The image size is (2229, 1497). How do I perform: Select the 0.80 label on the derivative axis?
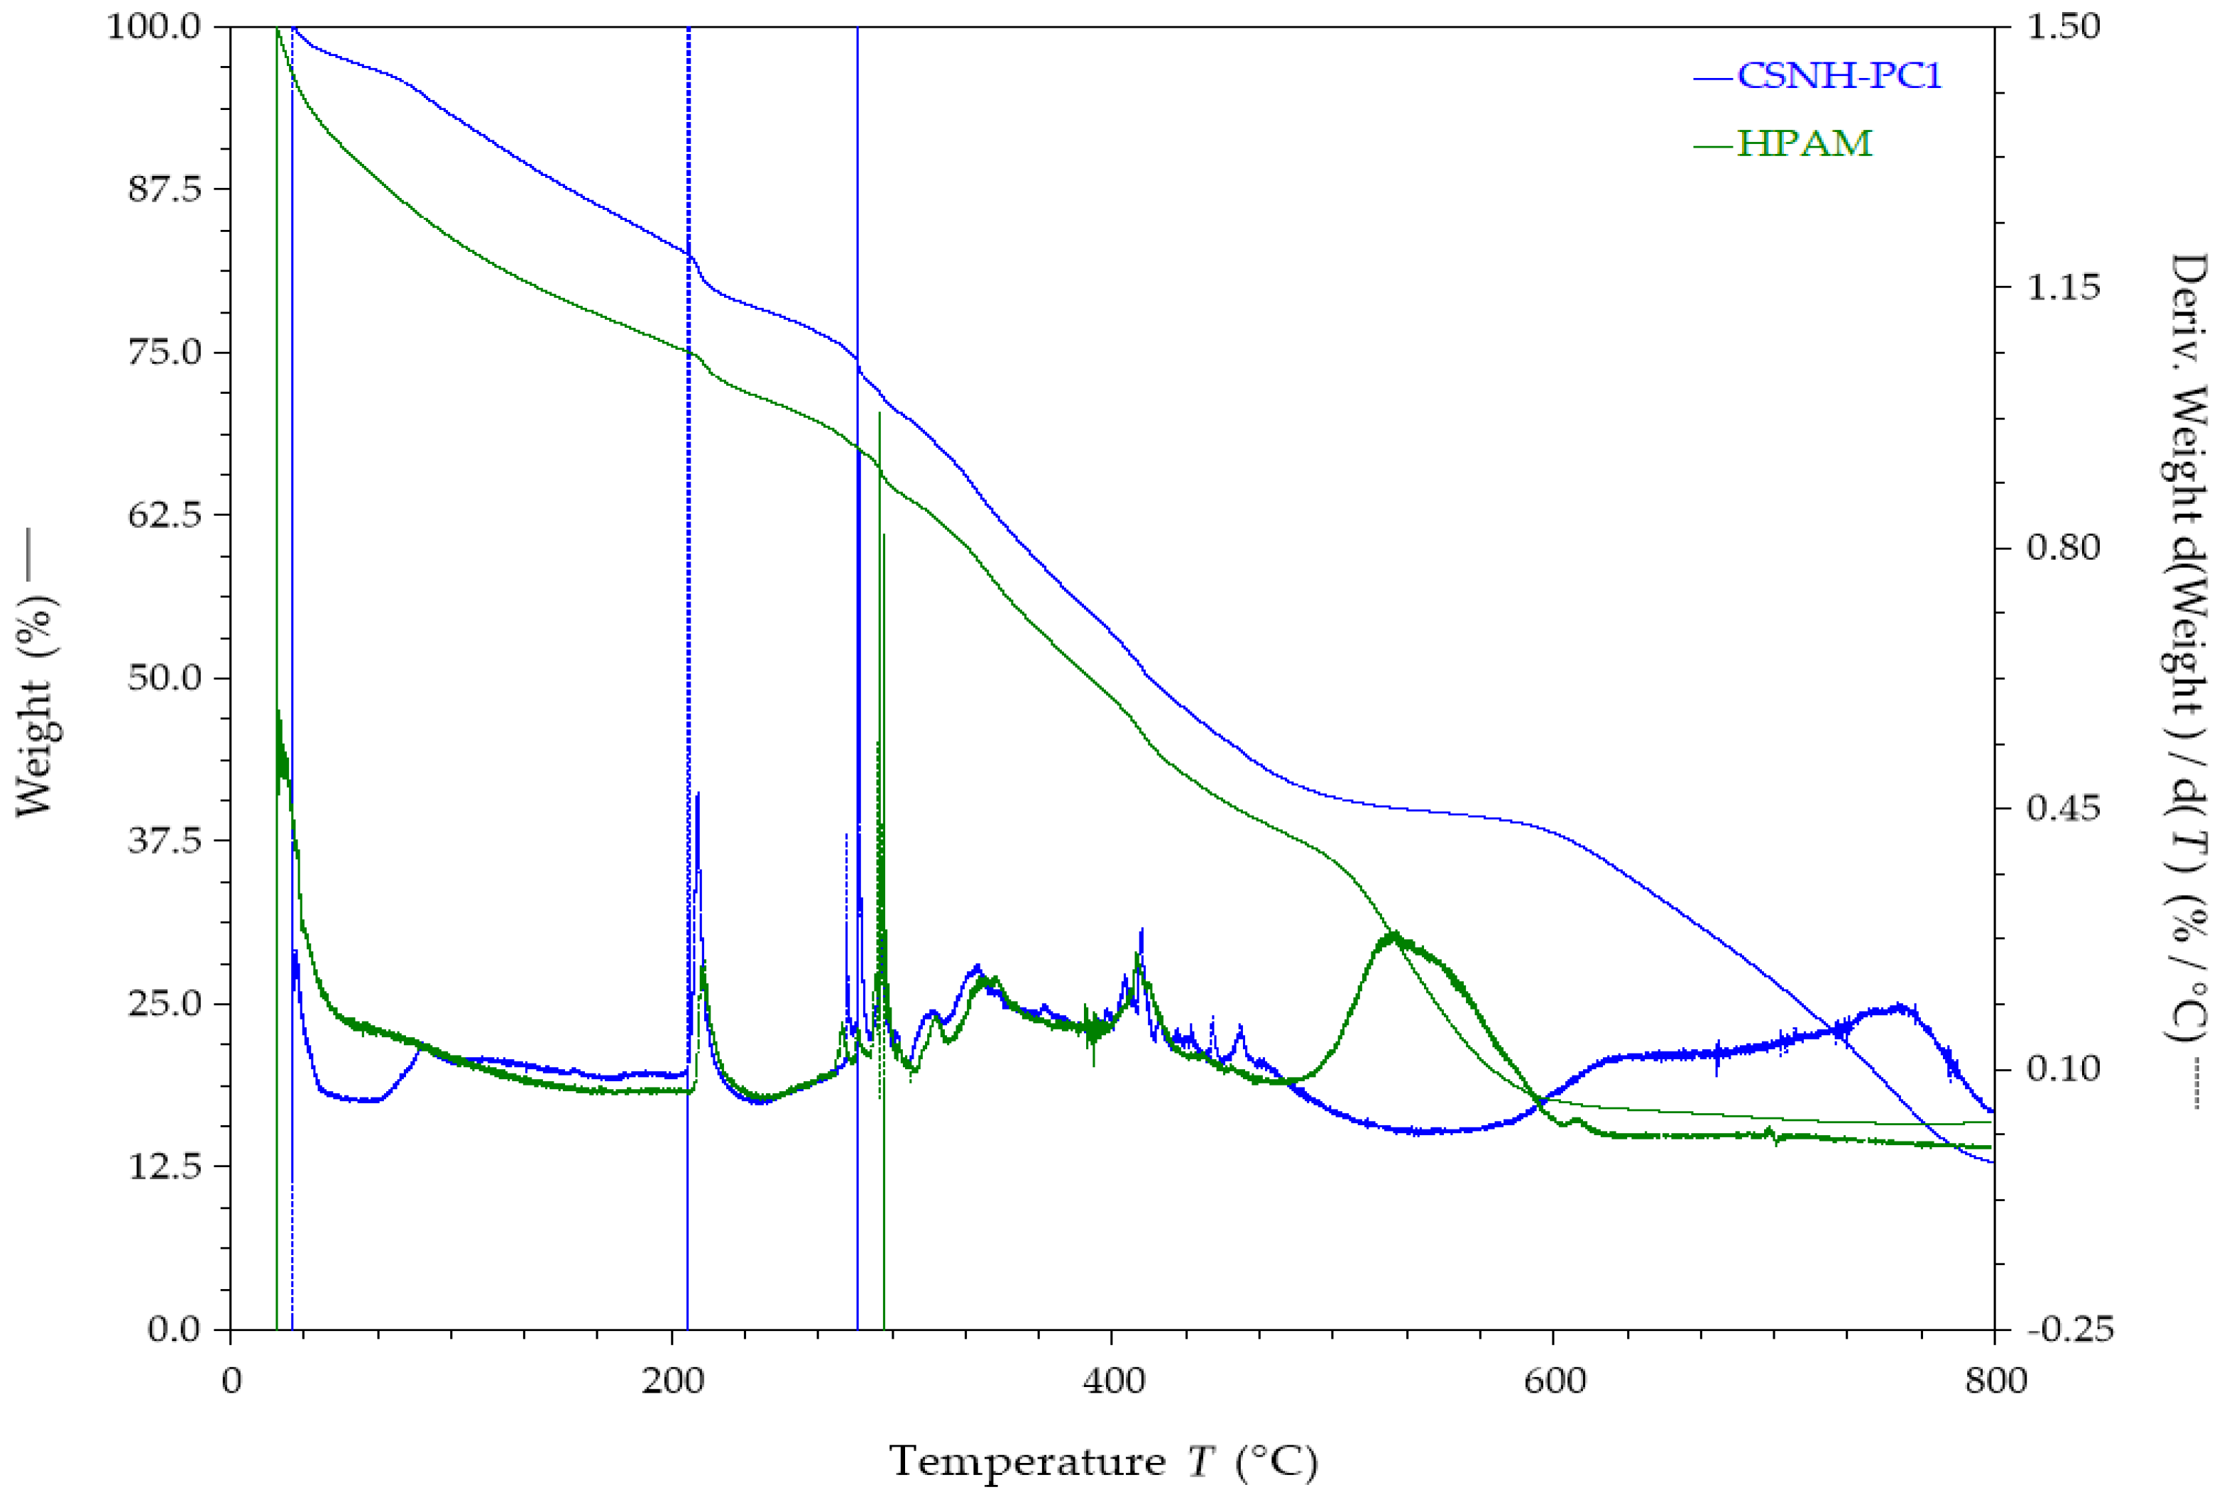point(2064,547)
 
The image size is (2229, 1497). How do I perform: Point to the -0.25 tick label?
point(2069,1328)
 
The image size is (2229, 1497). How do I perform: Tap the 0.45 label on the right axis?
point(2064,807)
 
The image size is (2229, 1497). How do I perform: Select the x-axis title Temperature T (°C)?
point(1103,1462)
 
